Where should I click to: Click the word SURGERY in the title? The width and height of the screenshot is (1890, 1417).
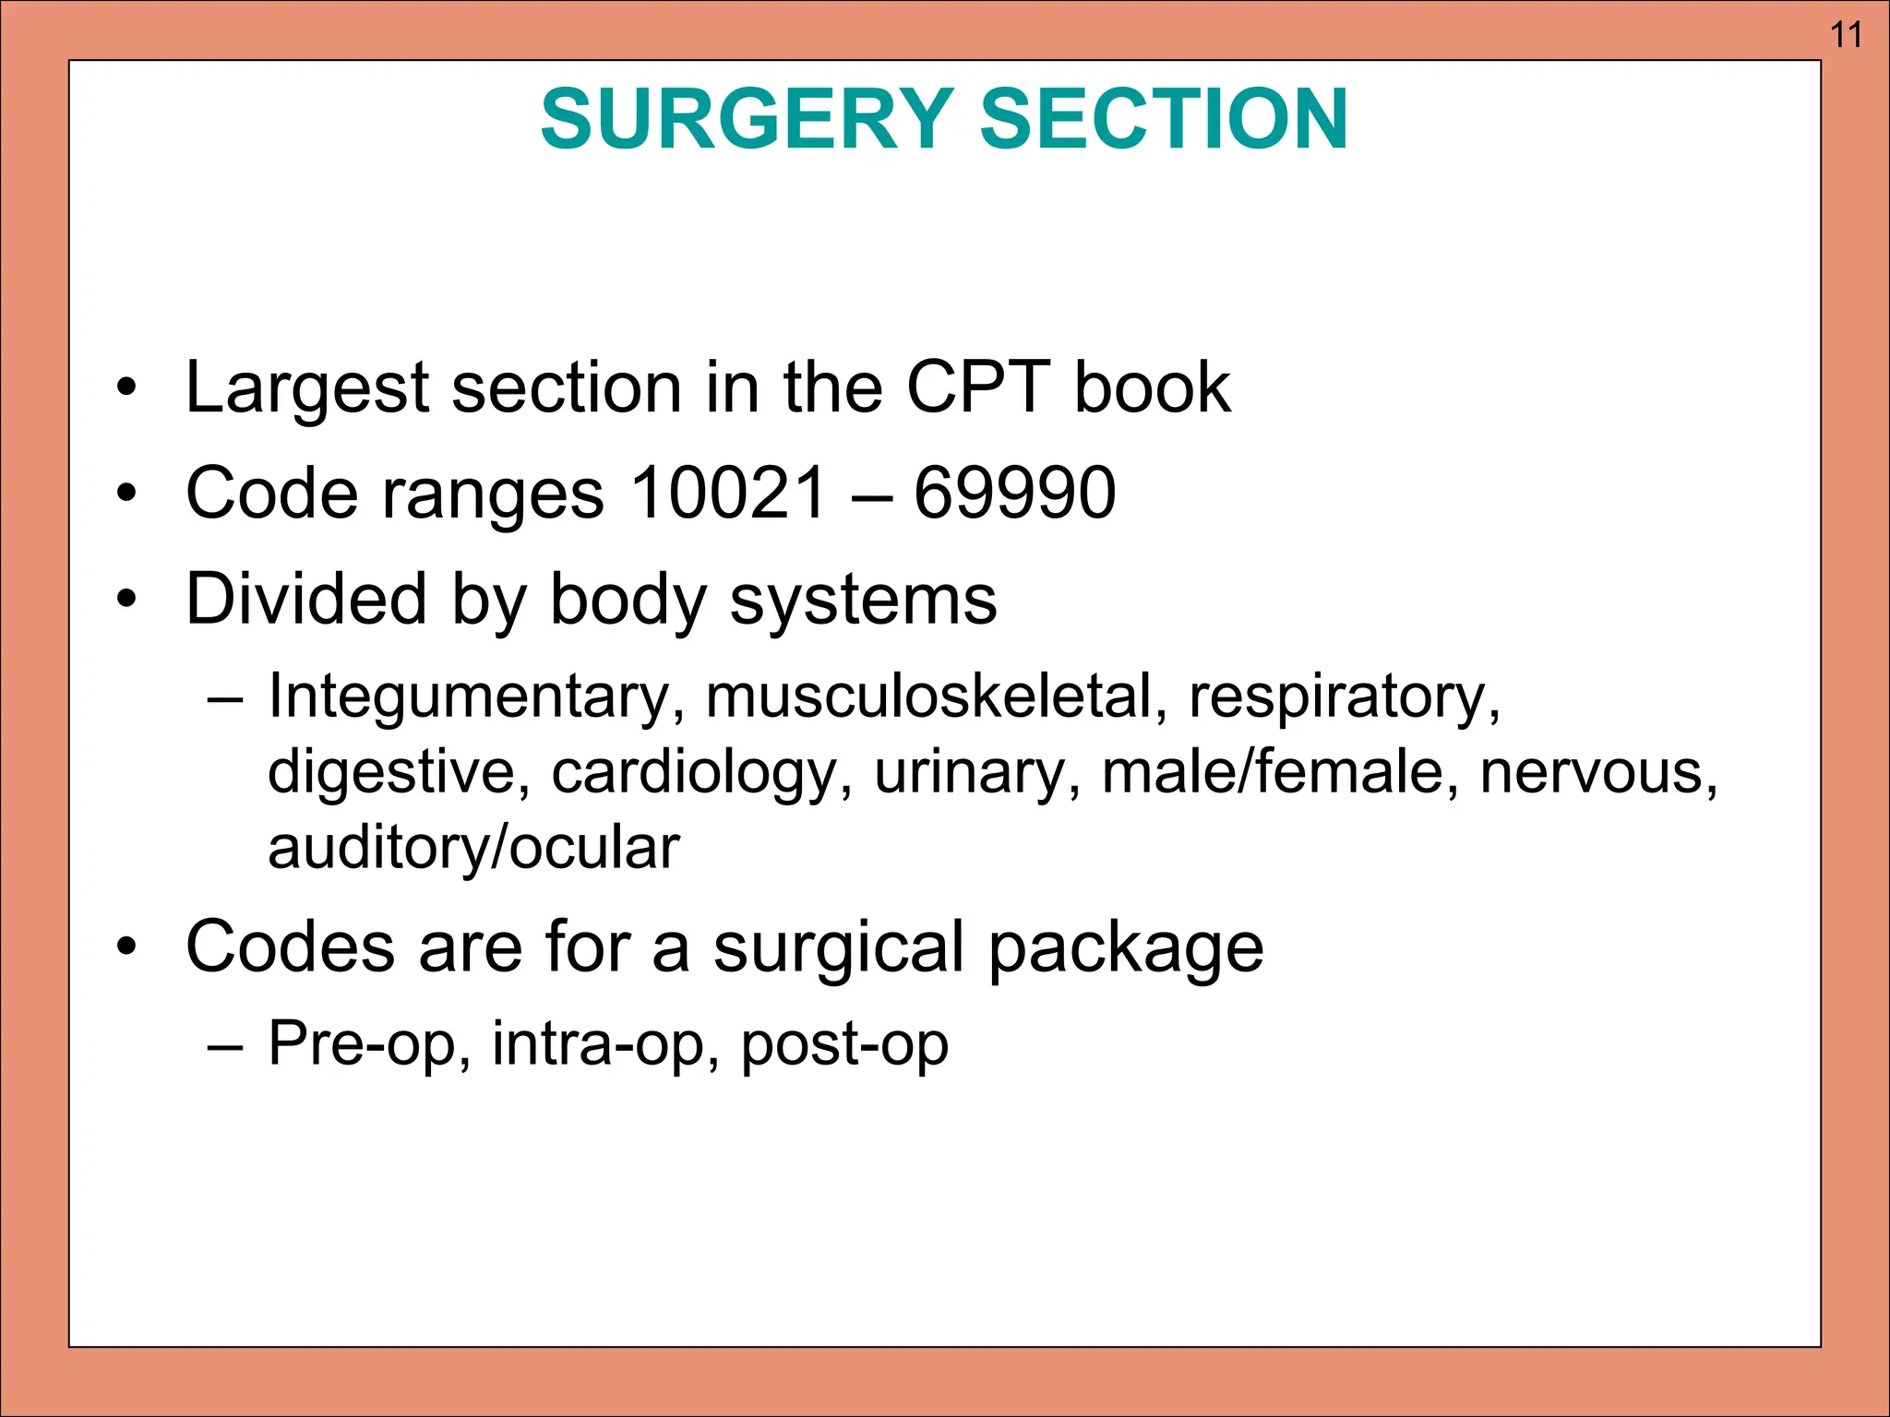pyautogui.click(x=747, y=119)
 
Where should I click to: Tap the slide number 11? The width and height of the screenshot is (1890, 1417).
pyautogui.click(x=1846, y=35)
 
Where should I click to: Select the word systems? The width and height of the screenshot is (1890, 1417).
pyautogui.click(x=863, y=600)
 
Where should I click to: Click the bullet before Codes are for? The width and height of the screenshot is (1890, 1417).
pyautogui.click(x=126, y=947)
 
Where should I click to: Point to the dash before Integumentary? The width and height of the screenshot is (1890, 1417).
pyautogui.click(x=225, y=698)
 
